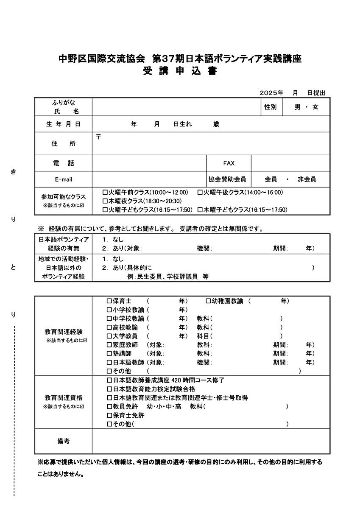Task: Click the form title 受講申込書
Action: coord(180,71)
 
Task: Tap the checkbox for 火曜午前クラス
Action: coord(106,192)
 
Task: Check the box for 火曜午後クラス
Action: coord(200,192)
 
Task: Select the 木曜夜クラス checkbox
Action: coord(106,201)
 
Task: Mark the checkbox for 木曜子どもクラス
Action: coord(200,210)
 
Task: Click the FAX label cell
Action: coord(229,163)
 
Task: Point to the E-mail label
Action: coord(63,179)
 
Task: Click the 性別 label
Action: coord(270,107)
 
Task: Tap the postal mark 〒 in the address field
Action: coord(98,137)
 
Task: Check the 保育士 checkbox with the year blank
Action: coord(109,301)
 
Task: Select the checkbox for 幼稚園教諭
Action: coord(208,301)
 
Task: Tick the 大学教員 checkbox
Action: coord(109,336)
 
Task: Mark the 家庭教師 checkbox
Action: coord(109,345)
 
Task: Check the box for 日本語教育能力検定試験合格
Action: coord(109,389)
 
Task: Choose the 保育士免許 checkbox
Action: coord(109,415)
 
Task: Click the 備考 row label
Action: coord(63,441)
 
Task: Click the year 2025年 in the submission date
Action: coord(271,93)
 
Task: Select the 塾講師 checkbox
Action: coord(109,353)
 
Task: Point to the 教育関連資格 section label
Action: coord(63,398)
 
